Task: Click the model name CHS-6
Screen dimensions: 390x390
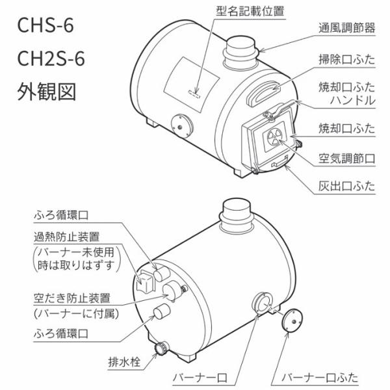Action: pyautogui.click(x=45, y=25)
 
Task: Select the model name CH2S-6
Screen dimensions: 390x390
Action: pyautogui.click(x=51, y=58)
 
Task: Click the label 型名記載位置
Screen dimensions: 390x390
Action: pyautogui.click(x=250, y=11)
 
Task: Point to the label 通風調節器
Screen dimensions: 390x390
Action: pyautogui.click(x=346, y=28)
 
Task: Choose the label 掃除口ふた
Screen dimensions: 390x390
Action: pyautogui.click(x=346, y=59)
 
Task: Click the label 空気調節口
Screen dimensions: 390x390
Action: pyautogui.click(x=346, y=159)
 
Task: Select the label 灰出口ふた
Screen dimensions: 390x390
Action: pyautogui.click(x=346, y=186)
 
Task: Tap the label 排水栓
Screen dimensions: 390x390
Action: pyautogui.click(x=124, y=362)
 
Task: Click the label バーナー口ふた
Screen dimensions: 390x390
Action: pyautogui.click(x=320, y=378)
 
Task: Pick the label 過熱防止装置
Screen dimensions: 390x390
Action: pyautogui.click(x=67, y=237)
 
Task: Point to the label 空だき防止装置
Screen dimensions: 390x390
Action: pyautogui.click(x=72, y=298)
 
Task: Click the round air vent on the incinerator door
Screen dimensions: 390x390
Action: pyautogui.click(x=274, y=137)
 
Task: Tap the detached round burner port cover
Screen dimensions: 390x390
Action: pyautogui.click(x=292, y=320)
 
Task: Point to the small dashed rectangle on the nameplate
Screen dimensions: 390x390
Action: pyautogui.click(x=194, y=94)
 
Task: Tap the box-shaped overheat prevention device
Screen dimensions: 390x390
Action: pyautogui.click(x=146, y=281)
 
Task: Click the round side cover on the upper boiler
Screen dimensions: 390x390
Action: pyautogui.click(x=182, y=126)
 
